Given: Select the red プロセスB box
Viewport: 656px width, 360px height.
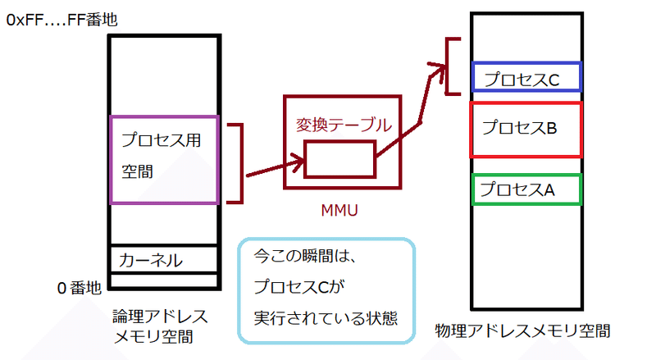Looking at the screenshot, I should [526, 129].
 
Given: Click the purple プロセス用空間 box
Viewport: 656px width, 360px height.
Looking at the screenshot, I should [163, 158].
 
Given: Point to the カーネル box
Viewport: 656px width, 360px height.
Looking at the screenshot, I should [163, 260].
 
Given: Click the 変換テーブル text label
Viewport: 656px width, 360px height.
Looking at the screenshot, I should [343, 125].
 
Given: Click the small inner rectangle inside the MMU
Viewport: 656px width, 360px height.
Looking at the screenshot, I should [339, 159].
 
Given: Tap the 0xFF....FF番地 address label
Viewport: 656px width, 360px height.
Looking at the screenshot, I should [61, 19].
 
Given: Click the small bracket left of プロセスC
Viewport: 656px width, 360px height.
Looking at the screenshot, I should [451, 66].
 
